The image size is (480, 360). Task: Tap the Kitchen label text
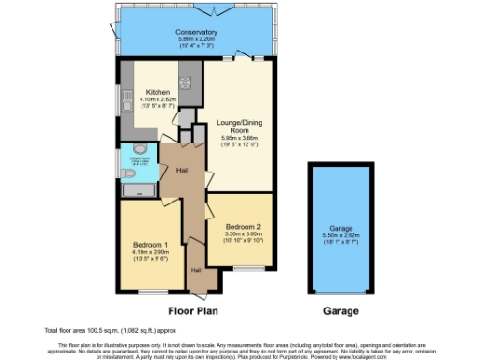click(157, 92)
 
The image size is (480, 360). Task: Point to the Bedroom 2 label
click(241, 226)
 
